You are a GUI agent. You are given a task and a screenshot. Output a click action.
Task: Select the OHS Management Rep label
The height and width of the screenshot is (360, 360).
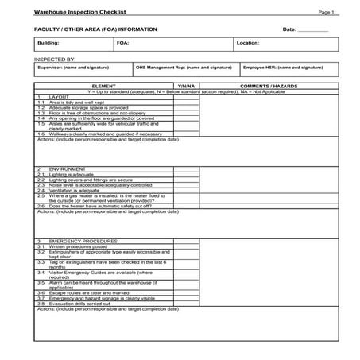coord(184,68)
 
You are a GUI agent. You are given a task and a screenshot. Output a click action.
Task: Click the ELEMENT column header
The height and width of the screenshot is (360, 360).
coord(104,84)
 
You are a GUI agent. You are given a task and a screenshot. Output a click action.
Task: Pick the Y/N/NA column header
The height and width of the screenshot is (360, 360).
coord(186,84)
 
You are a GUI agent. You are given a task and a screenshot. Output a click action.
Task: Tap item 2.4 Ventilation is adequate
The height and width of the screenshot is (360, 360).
coord(76,189)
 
